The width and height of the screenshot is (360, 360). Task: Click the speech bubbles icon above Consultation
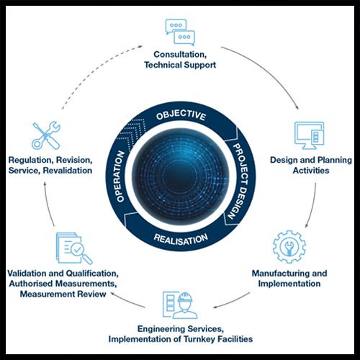click(180, 32)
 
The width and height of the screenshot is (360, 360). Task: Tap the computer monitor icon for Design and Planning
click(310, 135)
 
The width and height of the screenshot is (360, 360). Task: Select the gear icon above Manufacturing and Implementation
click(289, 247)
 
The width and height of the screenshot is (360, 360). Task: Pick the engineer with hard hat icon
click(180, 305)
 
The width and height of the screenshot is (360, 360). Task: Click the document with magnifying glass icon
click(74, 248)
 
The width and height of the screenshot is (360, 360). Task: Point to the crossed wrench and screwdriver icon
click(46, 135)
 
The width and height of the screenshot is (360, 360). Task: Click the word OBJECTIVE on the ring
click(181, 115)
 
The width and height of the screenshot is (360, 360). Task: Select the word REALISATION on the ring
click(181, 240)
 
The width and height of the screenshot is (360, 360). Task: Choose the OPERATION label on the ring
click(120, 176)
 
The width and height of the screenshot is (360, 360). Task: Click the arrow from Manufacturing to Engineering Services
click(233, 301)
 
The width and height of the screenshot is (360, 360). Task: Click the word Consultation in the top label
click(180, 55)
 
